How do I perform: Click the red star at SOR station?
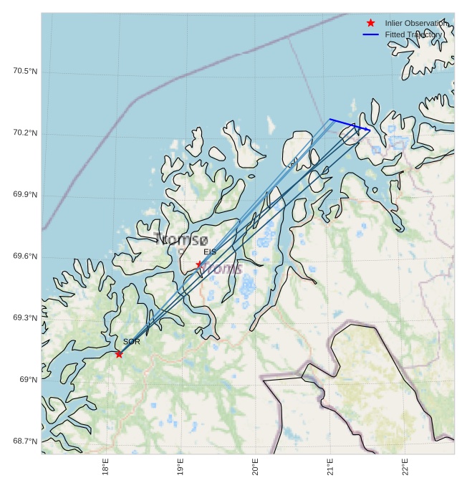coord(119,354)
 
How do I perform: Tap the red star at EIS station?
coord(200,264)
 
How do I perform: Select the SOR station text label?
coord(131,343)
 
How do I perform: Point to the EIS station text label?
coord(210,252)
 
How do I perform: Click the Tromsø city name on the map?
coord(181,239)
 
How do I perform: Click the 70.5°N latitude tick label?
coord(25,71)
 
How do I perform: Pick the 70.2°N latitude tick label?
coord(25,133)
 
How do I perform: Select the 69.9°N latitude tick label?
coord(25,195)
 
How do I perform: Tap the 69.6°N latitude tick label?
coord(25,257)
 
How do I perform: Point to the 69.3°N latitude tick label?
coord(25,317)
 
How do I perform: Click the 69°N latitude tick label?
coord(29,379)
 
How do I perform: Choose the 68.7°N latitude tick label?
coord(25,441)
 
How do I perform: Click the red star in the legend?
coord(370,24)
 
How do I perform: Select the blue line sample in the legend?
coord(370,34)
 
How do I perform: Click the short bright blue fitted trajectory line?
coord(350,125)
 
